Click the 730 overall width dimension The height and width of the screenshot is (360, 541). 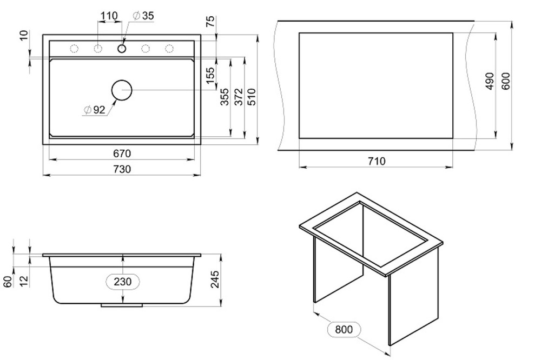[122, 169]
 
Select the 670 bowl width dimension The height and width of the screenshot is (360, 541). [122, 154]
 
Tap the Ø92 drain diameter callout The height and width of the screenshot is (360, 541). [95, 110]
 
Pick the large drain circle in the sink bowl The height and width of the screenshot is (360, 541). [122, 90]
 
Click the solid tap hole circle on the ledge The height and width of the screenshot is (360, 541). [122, 49]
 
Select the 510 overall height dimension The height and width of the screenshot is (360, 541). [251, 97]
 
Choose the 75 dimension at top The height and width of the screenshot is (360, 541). [210, 22]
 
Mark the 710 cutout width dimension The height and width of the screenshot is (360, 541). [376, 161]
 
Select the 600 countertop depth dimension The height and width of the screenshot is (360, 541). [506, 81]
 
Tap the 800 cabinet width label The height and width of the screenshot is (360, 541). [344, 329]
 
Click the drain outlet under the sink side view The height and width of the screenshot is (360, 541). [122, 305]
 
